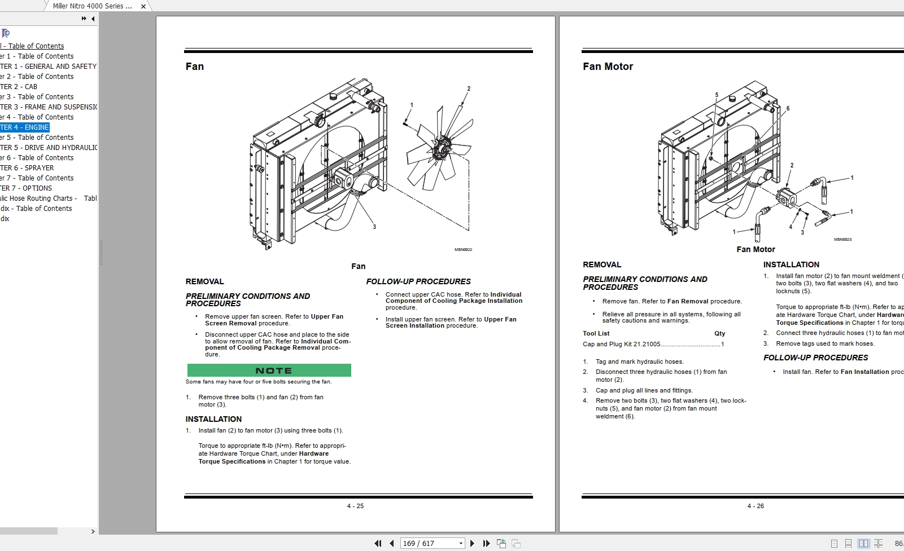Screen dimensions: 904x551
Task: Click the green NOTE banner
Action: click(x=269, y=371)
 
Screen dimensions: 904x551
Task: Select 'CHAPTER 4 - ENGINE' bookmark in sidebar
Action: click(x=25, y=127)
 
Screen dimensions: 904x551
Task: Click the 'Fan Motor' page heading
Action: click(x=608, y=67)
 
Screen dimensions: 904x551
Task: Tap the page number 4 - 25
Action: click(x=355, y=506)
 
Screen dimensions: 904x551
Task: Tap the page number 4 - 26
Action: click(x=755, y=506)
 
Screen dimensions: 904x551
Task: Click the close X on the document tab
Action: click(x=143, y=6)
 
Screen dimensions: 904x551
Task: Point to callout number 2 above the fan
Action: click(x=469, y=89)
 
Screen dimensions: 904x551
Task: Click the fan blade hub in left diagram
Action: click(x=442, y=149)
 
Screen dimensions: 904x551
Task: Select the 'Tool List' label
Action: click(x=596, y=333)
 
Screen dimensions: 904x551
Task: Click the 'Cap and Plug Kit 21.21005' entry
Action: click(x=621, y=344)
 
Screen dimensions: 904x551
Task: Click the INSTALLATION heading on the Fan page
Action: click(x=213, y=419)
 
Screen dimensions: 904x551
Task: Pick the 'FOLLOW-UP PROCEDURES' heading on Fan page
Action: click(x=418, y=281)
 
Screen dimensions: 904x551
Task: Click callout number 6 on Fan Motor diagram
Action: click(x=788, y=108)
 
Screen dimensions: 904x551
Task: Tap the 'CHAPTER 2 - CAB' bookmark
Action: click(x=19, y=87)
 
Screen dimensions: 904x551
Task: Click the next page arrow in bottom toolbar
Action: click(x=473, y=543)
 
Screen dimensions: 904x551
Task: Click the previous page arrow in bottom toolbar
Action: click(x=392, y=543)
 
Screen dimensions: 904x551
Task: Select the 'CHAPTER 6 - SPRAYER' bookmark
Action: click(x=28, y=168)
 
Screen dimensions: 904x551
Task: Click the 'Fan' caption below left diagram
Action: click(x=358, y=266)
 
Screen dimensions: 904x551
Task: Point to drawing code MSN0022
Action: click(x=463, y=249)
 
